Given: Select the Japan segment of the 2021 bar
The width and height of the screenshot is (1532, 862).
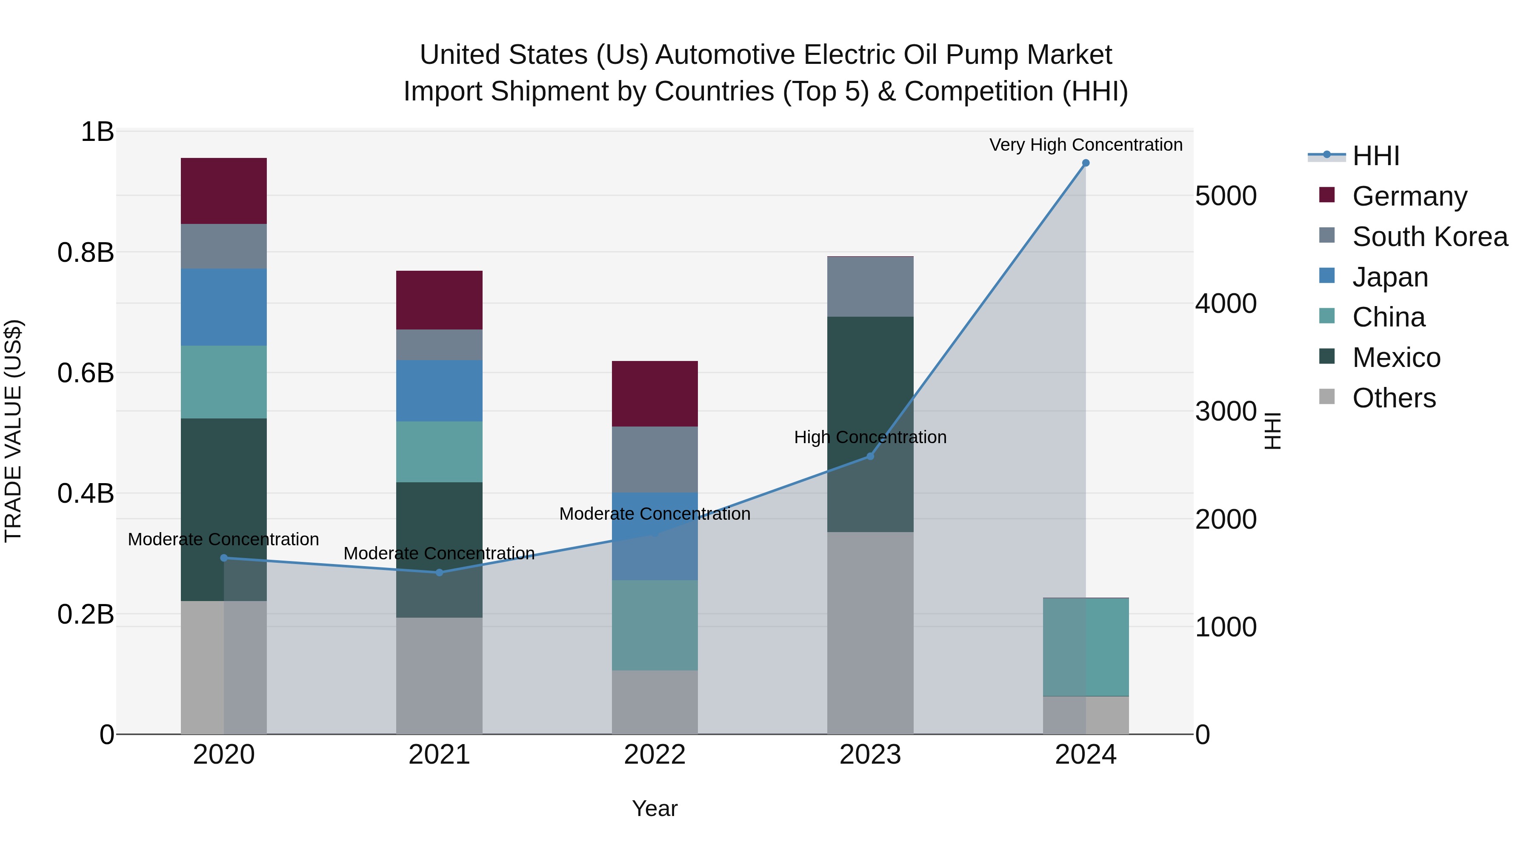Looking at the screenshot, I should click(439, 390).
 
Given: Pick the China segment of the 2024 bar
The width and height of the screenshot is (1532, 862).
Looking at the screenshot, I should click(1085, 647).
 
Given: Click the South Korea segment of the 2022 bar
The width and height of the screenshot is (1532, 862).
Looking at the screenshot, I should click(654, 459).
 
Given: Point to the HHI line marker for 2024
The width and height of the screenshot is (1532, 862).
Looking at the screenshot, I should click(1085, 163).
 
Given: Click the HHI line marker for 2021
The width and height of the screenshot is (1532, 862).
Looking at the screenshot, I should click(439, 572).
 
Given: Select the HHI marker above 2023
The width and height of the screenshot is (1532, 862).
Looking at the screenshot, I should click(870, 456).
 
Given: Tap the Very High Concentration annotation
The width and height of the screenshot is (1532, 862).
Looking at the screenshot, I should click(1085, 145).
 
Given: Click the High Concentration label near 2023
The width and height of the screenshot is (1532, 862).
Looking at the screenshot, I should click(870, 437).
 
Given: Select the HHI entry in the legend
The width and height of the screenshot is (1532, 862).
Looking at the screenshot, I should click(1375, 156).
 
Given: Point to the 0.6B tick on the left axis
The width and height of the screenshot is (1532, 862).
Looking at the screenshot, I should click(85, 374).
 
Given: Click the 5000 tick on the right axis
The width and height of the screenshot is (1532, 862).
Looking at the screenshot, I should click(1226, 196).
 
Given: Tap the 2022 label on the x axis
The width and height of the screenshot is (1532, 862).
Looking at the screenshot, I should click(654, 755).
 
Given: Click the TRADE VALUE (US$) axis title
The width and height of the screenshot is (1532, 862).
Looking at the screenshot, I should click(13, 431).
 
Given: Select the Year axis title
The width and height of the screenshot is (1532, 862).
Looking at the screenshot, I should click(654, 808).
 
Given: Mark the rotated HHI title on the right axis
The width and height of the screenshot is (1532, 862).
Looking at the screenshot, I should click(1272, 431).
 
